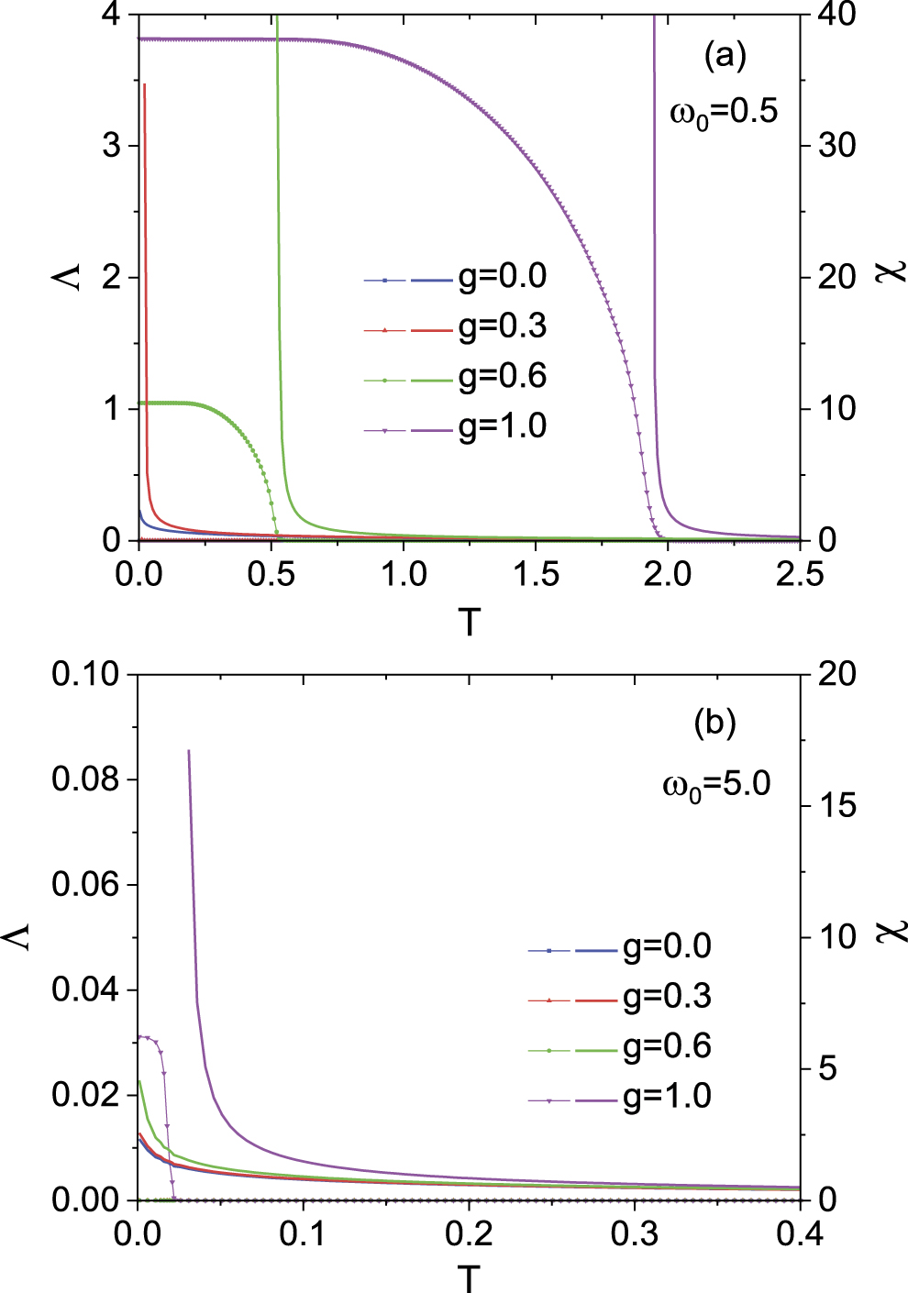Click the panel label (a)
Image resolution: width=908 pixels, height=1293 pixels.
tap(725, 57)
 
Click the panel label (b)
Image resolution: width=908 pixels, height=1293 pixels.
tap(715, 723)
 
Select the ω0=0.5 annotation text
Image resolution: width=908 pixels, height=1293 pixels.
tap(724, 113)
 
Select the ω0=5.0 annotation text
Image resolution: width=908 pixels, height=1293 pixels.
tap(716, 785)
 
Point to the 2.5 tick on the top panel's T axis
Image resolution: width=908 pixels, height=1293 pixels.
tap(800, 574)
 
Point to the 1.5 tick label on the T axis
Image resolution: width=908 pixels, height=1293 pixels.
tap(536, 574)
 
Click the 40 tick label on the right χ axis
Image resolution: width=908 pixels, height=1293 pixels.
tap(836, 15)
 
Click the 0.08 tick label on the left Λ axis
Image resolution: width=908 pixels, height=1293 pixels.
tap(86, 779)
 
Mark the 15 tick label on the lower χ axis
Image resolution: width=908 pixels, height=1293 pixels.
tap(836, 805)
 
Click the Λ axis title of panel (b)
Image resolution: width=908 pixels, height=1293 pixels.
tap(19, 936)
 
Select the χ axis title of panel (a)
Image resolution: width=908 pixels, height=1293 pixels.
tap(891, 272)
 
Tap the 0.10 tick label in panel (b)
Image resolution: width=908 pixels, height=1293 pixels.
tap(86, 674)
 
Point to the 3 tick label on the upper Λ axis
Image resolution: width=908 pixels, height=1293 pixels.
tap(111, 146)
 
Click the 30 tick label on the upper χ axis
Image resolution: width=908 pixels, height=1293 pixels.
tap(836, 146)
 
